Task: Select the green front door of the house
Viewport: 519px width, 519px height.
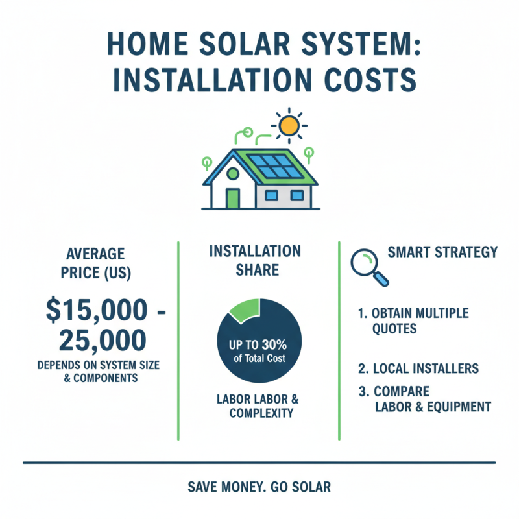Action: (232, 198)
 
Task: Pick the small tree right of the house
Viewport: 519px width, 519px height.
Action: (309, 155)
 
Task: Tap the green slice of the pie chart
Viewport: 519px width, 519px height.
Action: (243, 308)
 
